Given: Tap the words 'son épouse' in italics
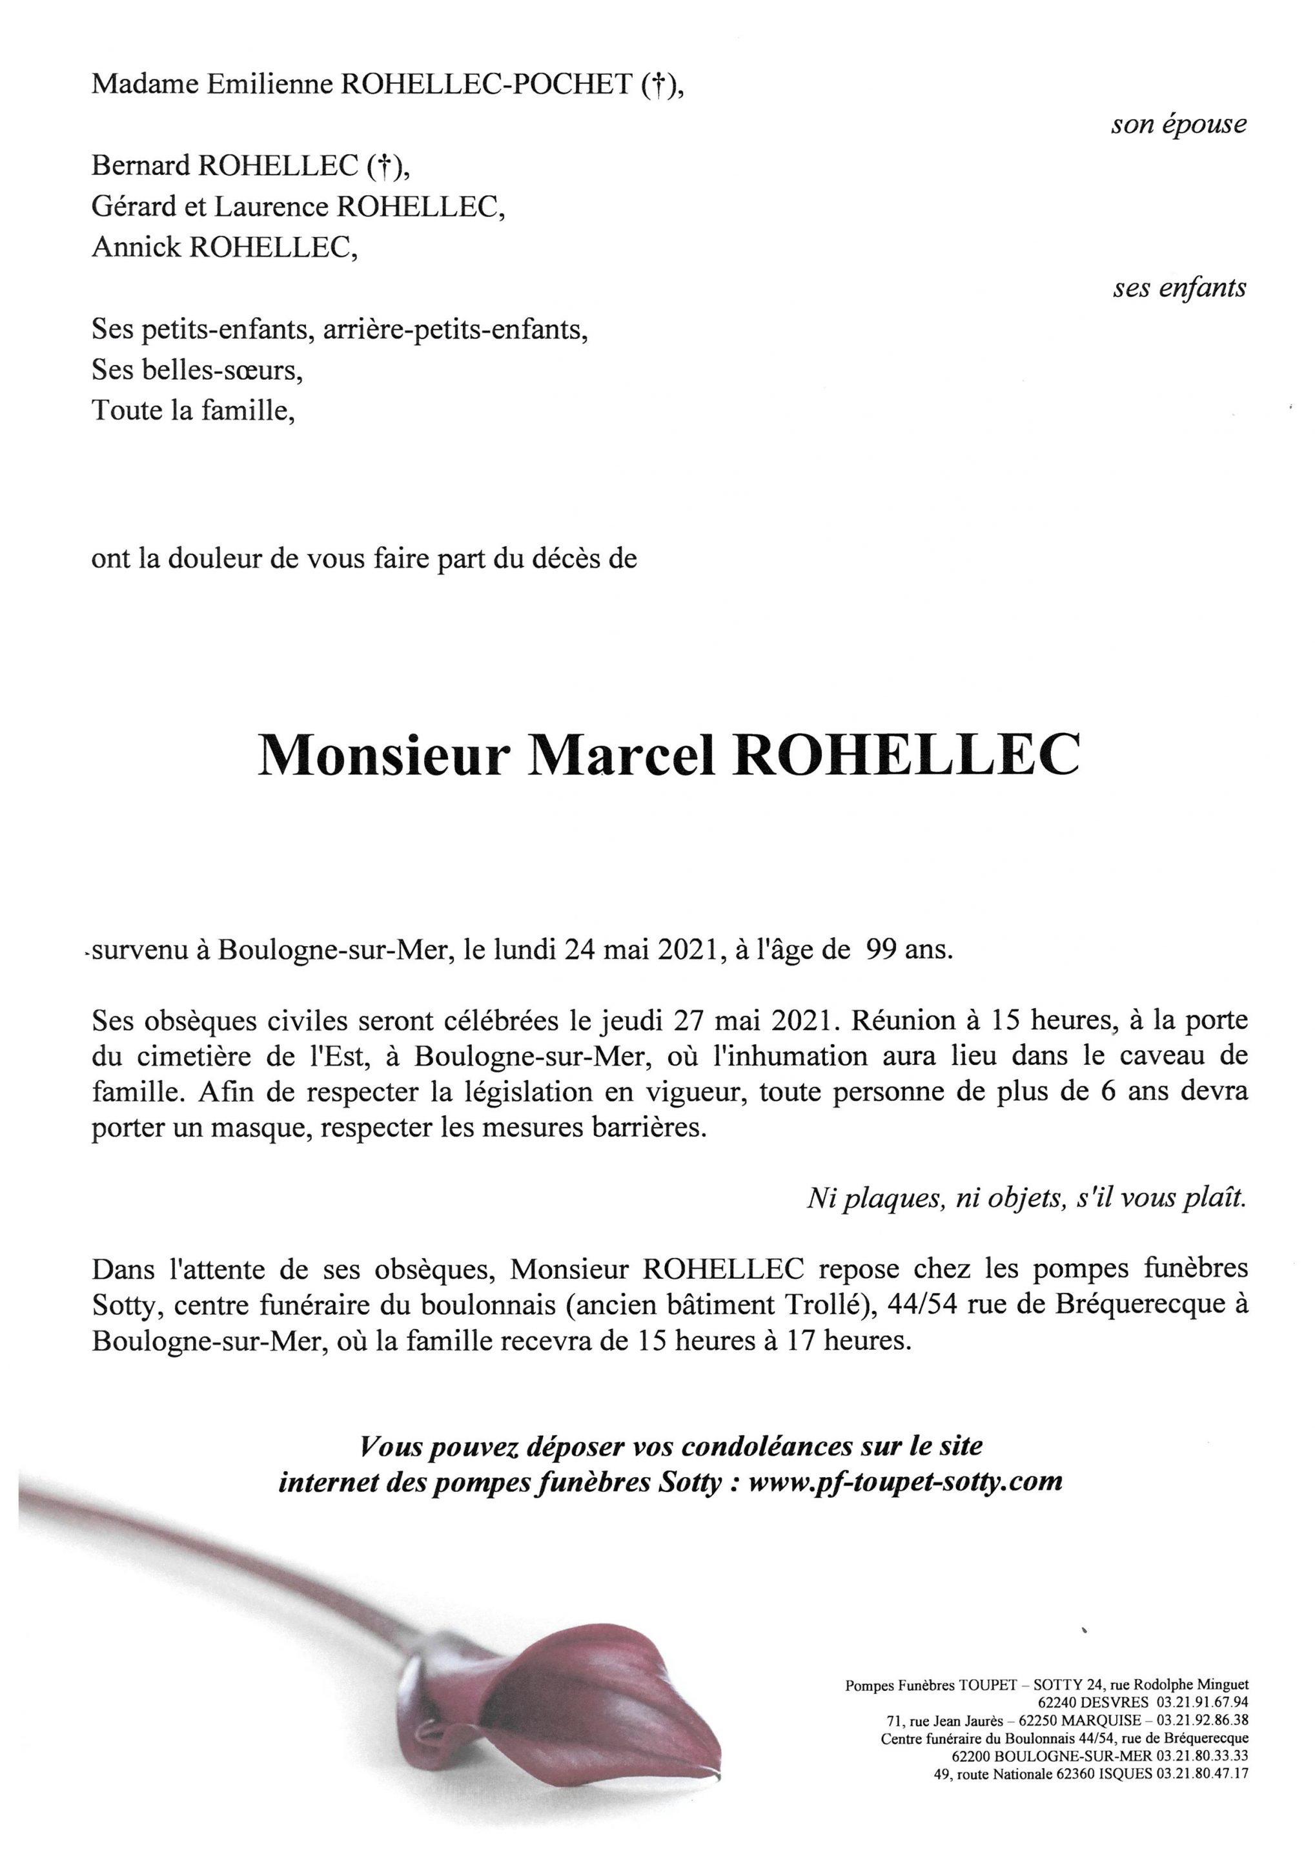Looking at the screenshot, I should point(1178,125).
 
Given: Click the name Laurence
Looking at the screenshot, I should point(270,207).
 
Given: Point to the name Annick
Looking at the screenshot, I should point(136,248).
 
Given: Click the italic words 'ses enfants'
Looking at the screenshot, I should point(1179,289).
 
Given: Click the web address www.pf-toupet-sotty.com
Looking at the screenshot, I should point(905,1482).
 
